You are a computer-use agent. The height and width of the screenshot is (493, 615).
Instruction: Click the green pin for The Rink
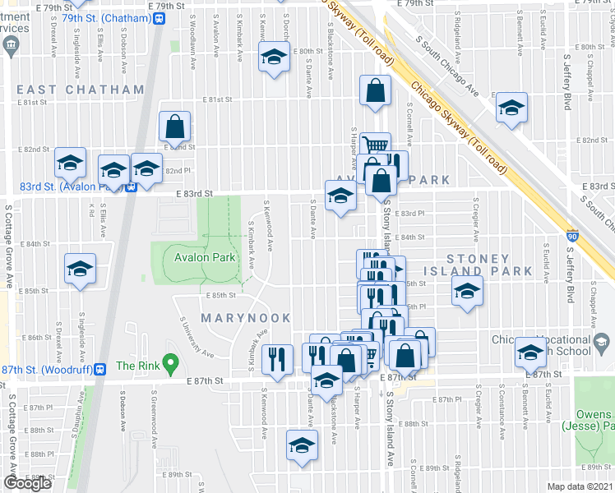tap(170, 362)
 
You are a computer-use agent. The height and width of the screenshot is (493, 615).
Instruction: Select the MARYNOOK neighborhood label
tap(246, 317)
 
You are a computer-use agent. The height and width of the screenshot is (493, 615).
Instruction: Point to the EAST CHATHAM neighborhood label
tap(68, 89)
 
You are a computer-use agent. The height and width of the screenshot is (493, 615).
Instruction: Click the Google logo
tap(27, 483)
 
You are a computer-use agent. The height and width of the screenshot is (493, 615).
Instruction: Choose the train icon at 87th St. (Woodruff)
tap(99, 369)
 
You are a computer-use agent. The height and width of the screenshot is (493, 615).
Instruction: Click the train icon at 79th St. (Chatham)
tap(158, 17)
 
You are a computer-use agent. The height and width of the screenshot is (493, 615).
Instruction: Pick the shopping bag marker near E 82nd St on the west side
tap(174, 127)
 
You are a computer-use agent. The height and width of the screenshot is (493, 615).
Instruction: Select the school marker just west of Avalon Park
tap(80, 269)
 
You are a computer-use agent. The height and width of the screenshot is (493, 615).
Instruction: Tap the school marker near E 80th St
tap(274, 57)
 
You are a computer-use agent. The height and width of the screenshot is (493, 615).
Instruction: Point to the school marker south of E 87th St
tap(301, 445)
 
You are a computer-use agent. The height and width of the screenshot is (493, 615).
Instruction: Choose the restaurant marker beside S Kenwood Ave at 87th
tap(276, 357)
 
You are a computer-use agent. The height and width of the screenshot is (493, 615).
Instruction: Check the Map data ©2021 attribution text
tap(580, 486)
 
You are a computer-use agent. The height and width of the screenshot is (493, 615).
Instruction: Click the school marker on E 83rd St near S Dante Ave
tap(340, 196)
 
